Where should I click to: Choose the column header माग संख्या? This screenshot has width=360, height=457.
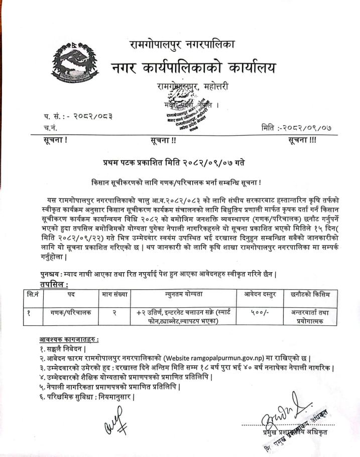pos(114,293)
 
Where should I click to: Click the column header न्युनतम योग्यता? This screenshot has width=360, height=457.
pos(183,293)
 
